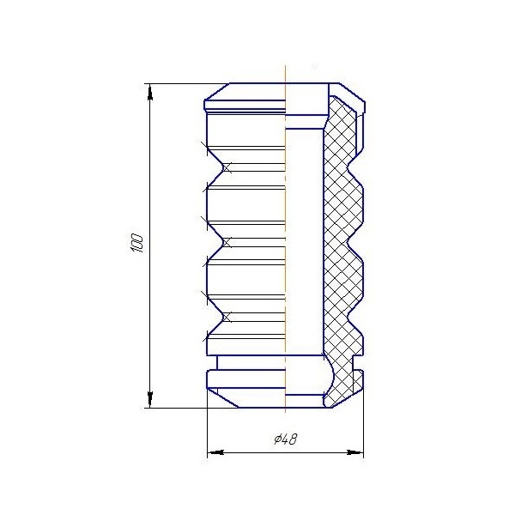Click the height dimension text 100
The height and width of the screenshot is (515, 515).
[x=136, y=243]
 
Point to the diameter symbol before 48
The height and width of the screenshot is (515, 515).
[x=277, y=439]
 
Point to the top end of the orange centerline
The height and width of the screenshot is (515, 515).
[x=284, y=67]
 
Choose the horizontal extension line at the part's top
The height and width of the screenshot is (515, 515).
[x=180, y=83]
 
